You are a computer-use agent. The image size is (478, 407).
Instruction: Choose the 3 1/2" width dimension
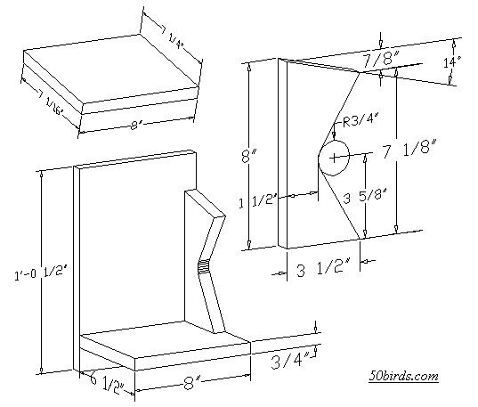[x=321, y=264]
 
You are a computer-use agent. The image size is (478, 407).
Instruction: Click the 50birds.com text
[x=403, y=376]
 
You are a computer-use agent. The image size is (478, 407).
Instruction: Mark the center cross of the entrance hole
[x=335, y=158]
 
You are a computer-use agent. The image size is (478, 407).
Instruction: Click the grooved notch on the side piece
[x=203, y=265]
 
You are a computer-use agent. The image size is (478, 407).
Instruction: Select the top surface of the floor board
[x=165, y=344]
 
